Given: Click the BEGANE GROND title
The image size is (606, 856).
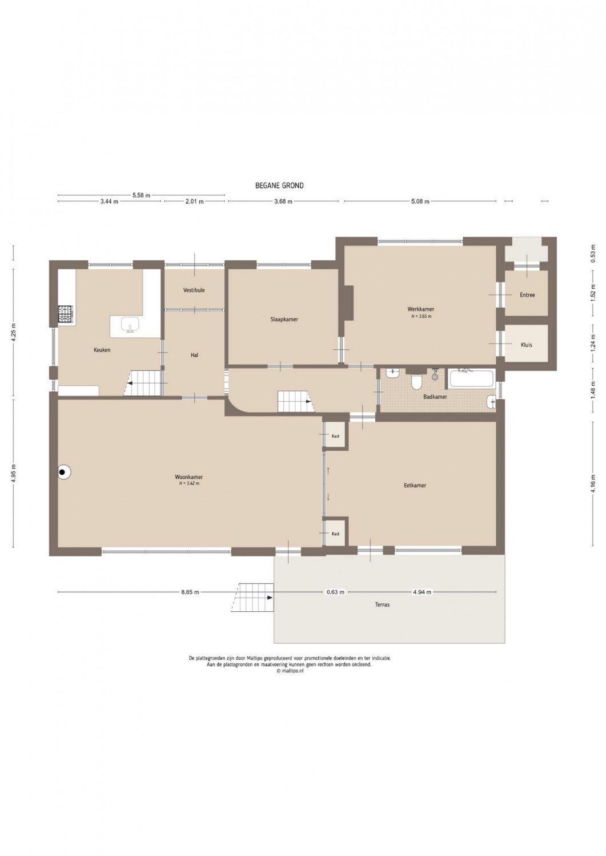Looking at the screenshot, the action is [279, 185].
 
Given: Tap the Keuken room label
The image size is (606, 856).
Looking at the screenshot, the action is [102, 350].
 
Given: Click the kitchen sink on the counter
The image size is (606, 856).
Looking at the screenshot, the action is [130, 325].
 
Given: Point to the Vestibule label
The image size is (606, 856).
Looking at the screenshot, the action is [194, 290].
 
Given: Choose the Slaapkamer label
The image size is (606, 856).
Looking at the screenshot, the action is [284, 319].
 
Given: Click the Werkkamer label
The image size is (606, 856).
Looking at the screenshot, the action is [421, 309].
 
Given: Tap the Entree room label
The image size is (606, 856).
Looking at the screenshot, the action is [527, 295].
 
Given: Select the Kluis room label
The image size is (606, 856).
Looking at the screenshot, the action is [527, 345].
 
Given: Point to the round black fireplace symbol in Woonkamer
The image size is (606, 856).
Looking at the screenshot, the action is [64, 473].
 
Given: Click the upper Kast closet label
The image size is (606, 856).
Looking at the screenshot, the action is [335, 436].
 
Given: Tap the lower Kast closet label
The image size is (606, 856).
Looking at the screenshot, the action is [335, 534].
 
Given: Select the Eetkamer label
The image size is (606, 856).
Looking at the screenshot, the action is [415, 485].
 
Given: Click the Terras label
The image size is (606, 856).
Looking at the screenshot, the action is [383, 605].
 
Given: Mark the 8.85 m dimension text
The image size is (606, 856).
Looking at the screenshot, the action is [190, 592].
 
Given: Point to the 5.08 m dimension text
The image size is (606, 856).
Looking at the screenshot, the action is [420, 201].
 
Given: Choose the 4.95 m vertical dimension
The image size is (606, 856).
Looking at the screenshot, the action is [13, 473].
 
